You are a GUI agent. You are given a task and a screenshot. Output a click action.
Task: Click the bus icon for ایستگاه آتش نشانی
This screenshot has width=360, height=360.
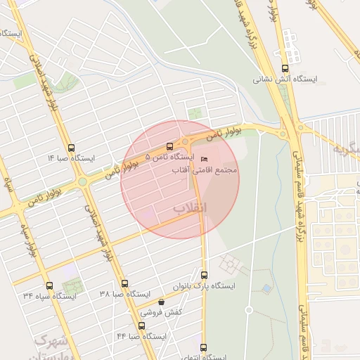[285, 68]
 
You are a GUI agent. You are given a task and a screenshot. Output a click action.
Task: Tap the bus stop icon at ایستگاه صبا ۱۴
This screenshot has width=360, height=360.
[71, 148]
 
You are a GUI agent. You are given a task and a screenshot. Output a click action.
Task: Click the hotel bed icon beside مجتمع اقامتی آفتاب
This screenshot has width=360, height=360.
[205, 160]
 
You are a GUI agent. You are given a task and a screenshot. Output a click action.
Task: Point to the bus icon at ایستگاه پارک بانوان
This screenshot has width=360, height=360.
[205, 275]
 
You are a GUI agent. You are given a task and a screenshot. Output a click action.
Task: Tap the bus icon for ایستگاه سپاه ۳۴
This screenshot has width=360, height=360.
[49, 285]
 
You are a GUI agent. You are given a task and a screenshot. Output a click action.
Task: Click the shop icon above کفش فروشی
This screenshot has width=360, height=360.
[161, 302]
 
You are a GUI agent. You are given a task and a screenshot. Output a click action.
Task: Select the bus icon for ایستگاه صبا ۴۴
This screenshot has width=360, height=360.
[141, 326]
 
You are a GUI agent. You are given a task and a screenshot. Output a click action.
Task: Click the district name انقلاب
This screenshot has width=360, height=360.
[190, 208]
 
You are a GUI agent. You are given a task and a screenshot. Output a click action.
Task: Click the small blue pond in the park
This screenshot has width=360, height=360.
[266, 288]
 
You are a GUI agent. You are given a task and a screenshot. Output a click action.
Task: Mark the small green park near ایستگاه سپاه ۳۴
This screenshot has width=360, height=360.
[71, 288]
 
